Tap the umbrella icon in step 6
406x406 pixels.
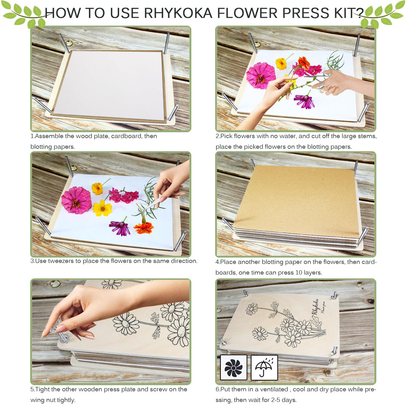click(x=264, y=368)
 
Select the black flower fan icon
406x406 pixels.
click(x=233, y=368)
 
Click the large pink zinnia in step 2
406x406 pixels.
click(x=261, y=75)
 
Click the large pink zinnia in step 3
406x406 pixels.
click(x=76, y=200)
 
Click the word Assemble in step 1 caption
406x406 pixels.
click(x=49, y=136)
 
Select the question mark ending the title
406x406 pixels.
click(x=360, y=13)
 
